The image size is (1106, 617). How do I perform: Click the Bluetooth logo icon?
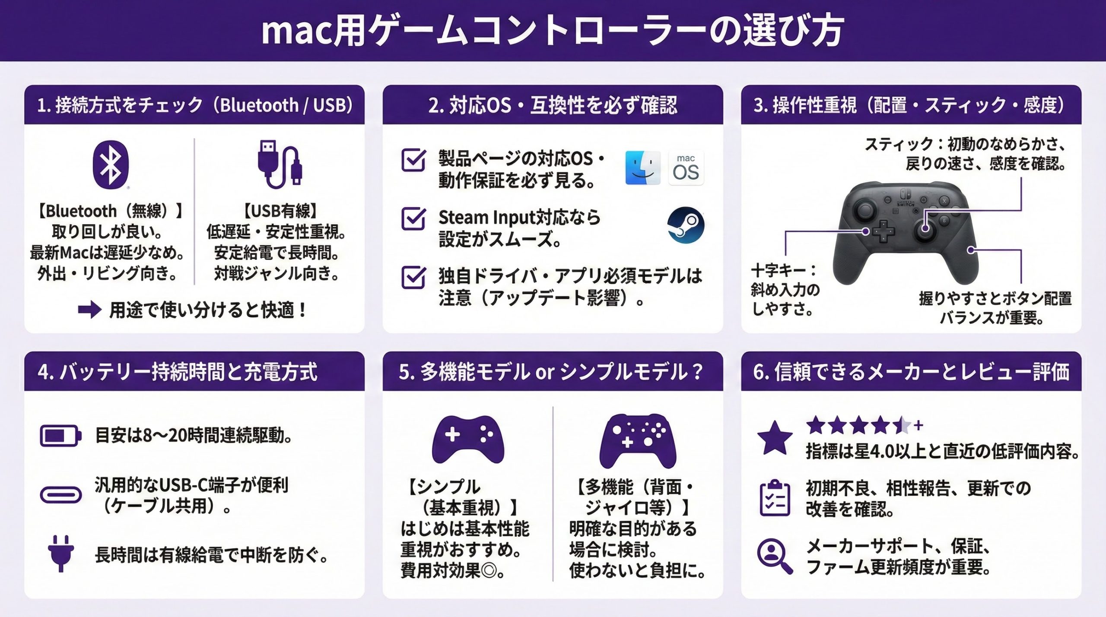click(x=111, y=165)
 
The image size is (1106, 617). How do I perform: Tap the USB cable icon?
click(x=280, y=165)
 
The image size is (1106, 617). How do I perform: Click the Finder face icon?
click(x=642, y=168)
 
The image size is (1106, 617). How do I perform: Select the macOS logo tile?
click(x=686, y=168)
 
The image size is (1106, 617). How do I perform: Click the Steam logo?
click(x=686, y=225)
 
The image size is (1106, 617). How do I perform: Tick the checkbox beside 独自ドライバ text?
click(x=413, y=277)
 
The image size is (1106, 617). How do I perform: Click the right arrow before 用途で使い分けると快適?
click(x=90, y=309)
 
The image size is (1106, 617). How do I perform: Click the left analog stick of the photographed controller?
click(x=864, y=211)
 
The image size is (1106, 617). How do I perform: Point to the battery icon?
click(x=60, y=436)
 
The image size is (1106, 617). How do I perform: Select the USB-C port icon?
click(x=60, y=495)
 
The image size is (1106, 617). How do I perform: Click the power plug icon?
click(x=61, y=554)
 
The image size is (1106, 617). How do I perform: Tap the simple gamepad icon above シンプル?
click(x=468, y=440)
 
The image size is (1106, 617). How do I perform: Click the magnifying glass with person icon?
click(x=775, y=556)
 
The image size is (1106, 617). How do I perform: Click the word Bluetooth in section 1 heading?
click(x=259, y=105)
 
